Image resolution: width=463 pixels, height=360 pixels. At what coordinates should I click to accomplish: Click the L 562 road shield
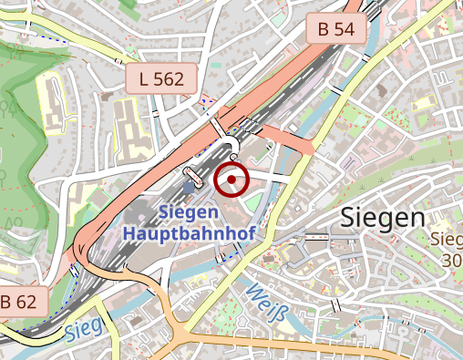pyautogui.click(x=162, y=79)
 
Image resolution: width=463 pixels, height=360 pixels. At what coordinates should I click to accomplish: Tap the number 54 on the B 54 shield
pyautogui.click(x=344, y=28)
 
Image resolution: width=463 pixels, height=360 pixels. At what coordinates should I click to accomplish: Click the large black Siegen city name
pyautogui.click(x=383, y=218)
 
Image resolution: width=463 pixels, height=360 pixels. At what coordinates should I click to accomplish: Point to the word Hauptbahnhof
pyautogui.click(x=189, y=232)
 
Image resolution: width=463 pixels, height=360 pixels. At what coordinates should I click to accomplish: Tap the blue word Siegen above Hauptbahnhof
pyautogui.click(x=188, y=212)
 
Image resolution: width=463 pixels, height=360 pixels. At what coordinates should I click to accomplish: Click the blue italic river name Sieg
pyautogui.click(x=80, y=331)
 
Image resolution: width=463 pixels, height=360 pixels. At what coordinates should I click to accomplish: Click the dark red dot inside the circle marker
pyautogui.click(x=232, y=180)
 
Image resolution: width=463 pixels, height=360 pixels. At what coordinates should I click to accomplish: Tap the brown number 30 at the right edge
pyautogui.click(x=451, y=260)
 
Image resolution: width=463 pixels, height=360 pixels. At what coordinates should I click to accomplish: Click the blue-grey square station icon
pyautogui.click(x=189, y=188)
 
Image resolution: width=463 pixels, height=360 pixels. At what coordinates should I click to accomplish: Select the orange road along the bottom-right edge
pyautogui.click(x=383, y=351)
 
